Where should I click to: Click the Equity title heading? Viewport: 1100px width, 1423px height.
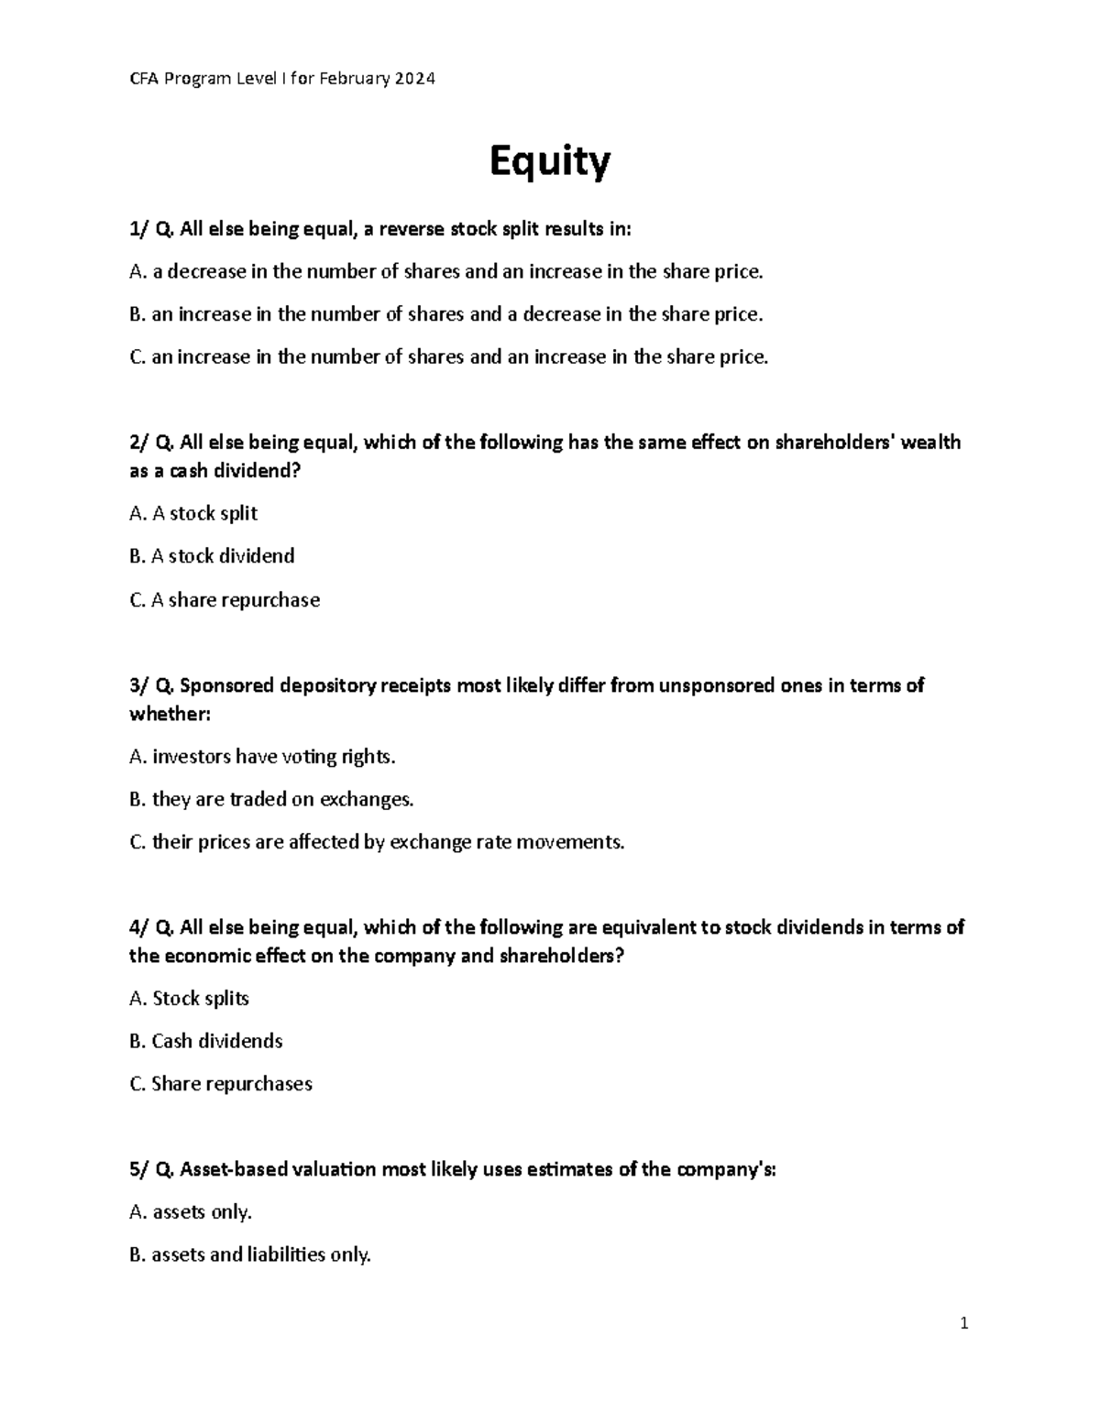click(x=549, y=162)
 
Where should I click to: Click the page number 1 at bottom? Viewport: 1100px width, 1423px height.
click(x=963, y=1323)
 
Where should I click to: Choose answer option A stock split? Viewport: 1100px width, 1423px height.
click(x=193, y=513)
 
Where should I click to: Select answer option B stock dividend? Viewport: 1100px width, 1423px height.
click(x=212, y=556)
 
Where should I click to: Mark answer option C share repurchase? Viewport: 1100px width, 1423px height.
click(x=225, y=600)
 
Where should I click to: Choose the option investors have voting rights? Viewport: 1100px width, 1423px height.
click(x=263, y=757)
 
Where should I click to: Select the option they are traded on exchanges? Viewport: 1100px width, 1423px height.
click(x=271, y=799)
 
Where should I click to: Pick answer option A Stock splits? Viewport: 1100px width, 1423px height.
click(x=189, y=998)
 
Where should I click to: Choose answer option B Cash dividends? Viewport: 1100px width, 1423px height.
click(x=206, y=1041)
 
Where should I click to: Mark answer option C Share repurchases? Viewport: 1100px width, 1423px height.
click(x=221, y=1084)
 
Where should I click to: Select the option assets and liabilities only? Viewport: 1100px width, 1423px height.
click(x=250, y=1254)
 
